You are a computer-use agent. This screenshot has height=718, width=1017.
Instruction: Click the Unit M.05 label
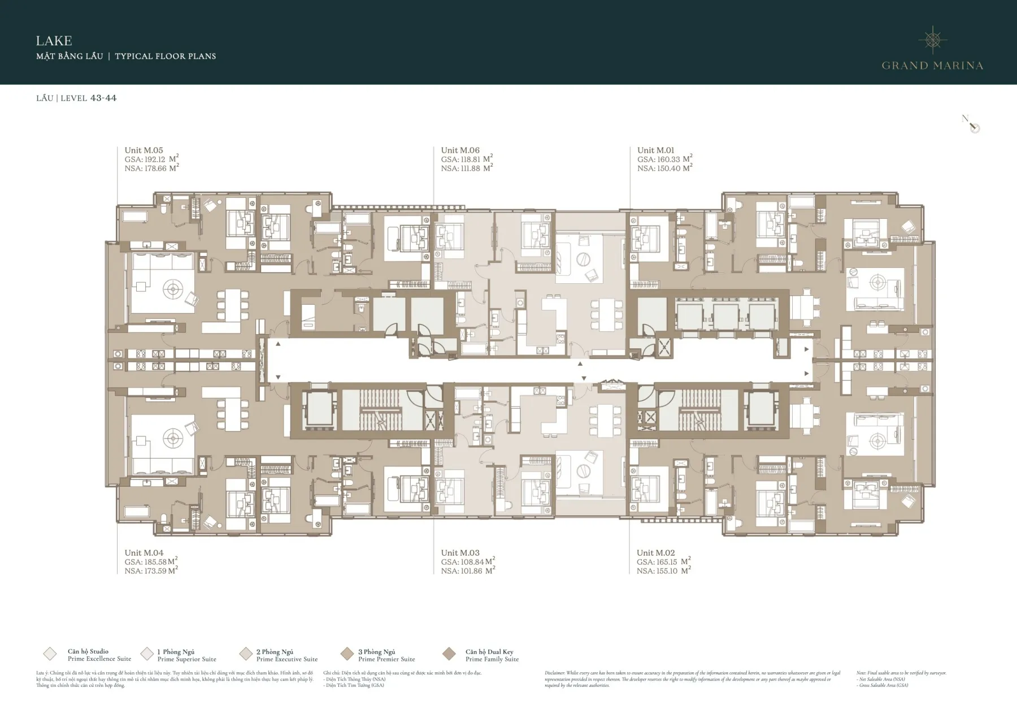tap(144, 150)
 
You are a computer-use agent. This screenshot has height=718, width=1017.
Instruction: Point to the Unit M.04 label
tap(144, 553)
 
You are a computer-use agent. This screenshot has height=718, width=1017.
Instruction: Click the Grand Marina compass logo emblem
tap(932, 40)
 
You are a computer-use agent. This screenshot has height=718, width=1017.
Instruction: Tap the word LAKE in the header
tap(54, 41)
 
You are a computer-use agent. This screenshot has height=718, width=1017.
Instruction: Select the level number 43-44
tap(103, 98)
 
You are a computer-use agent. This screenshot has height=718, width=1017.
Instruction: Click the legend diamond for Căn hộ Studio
tap(50, 654)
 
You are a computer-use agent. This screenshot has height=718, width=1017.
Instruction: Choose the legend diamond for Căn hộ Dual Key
tap(449, 654)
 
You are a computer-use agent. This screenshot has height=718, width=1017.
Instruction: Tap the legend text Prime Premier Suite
tap(386, 659)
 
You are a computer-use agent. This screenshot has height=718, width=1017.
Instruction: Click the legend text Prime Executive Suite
tap(287, 659)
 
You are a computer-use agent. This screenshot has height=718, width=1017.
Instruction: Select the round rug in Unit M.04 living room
tap(172, 438)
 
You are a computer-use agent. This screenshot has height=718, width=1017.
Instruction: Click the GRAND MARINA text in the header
tap(932, 66)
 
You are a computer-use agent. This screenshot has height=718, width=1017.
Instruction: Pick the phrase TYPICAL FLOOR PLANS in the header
tap(165, 56)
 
